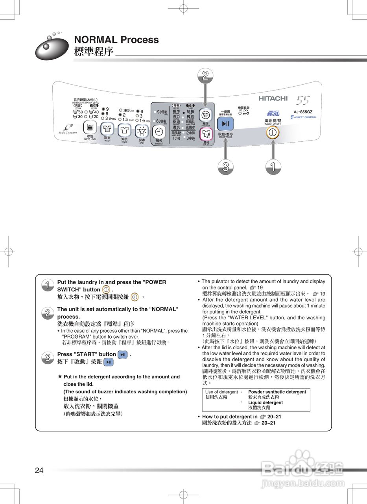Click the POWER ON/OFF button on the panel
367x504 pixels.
(272, 132)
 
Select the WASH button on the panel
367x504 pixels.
(107, 128)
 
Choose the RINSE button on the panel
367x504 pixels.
(124, 129)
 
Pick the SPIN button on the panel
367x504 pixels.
(142, 130)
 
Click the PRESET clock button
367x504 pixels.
(159, 132)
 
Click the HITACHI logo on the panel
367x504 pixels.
(273, 98)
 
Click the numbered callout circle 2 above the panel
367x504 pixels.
(205, 76)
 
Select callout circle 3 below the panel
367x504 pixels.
(225, 167)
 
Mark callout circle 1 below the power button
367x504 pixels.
(273, 167)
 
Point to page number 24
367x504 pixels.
(39, 470)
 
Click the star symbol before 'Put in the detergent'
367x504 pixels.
(60, 376)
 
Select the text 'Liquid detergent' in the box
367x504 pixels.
(266, 402)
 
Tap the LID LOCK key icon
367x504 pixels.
(245, 113)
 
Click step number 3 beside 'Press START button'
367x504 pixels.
(48, 358)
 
